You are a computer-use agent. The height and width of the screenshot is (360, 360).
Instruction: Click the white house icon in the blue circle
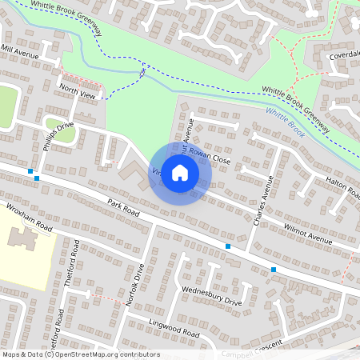click(180, 172)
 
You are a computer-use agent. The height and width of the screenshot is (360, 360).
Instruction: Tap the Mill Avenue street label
click(19, 52)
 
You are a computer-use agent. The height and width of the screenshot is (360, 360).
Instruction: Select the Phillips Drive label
click(58, 136)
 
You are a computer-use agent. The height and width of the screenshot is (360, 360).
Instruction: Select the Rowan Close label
click(211, 161)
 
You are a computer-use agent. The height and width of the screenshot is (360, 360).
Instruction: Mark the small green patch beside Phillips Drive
click(58, 127)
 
